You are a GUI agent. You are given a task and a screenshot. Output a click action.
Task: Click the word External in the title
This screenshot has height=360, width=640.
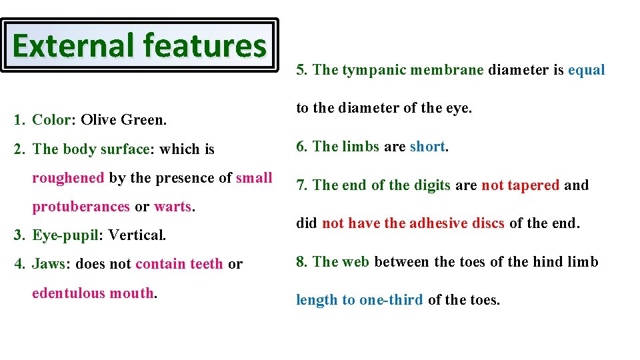click(73, 45)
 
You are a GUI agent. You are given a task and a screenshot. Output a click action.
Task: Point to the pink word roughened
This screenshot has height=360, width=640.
click(68, 178)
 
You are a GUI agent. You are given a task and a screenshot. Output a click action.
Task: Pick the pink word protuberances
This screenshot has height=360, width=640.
click(81, 207)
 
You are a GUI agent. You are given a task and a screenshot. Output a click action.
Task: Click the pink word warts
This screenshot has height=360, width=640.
click(173, 207)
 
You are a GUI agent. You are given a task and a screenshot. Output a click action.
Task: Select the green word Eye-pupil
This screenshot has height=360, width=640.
click(65, 235)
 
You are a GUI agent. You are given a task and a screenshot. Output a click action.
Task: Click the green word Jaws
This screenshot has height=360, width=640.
click(49, 264)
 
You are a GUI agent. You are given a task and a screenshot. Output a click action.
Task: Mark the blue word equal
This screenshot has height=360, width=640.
click(586, 70)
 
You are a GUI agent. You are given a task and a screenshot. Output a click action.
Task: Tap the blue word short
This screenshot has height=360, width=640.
click(427, 147)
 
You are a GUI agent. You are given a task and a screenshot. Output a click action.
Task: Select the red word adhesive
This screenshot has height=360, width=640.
click(438, 223)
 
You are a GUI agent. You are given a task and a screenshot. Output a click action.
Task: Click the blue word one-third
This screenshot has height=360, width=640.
click(391, 300)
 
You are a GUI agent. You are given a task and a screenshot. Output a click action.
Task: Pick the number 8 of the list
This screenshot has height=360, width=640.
click(301, 261)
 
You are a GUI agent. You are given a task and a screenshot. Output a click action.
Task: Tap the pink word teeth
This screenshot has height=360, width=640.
click(206, 264)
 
